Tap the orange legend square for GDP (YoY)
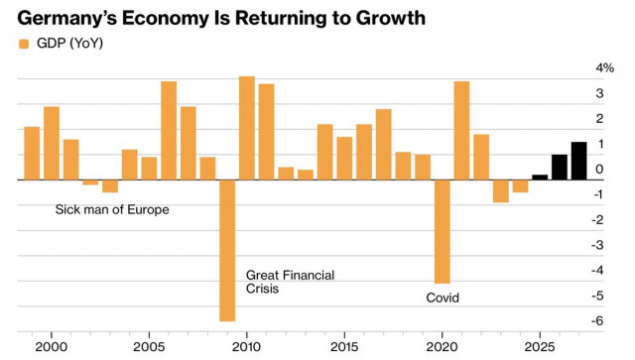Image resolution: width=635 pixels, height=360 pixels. click(24, 44)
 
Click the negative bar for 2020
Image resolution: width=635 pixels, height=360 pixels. click(443, 231)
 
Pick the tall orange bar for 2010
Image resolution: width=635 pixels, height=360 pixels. click(247, 128)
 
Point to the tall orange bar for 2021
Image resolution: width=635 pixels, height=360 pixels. click(461, 130)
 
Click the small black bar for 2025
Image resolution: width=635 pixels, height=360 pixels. click(540, 177)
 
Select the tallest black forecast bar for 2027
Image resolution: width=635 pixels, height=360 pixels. click(578, 161)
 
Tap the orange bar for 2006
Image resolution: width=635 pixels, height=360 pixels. click(169, 130)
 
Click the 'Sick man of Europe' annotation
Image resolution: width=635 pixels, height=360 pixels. click(111, 210)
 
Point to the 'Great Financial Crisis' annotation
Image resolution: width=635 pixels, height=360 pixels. click(290, 282)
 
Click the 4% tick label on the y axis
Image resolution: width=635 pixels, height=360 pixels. click(604, 67)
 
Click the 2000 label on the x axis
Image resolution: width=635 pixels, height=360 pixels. click(51, 349)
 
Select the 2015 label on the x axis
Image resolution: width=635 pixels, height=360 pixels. click(344, 349)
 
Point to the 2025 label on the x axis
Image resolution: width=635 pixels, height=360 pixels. click(540, 349)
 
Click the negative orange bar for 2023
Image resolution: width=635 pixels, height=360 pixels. click(500, 190)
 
